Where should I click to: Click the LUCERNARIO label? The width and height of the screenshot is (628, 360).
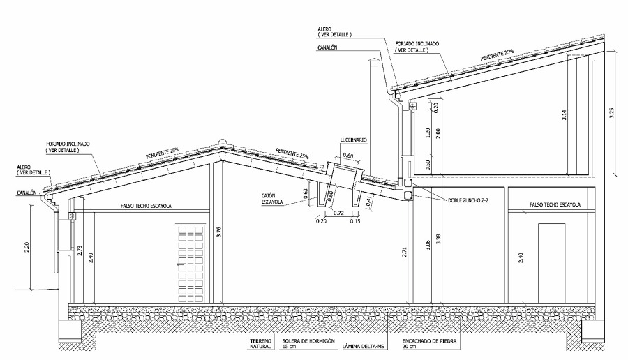click(x=354, y=140)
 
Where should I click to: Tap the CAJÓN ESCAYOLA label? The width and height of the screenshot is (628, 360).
click(x=272, y=199)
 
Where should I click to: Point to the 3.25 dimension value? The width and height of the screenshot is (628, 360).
click(x=612, y=114)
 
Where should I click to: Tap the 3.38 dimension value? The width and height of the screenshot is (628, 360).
click(x=438, y=241)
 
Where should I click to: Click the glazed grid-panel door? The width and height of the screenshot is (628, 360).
click(x=189, y=263)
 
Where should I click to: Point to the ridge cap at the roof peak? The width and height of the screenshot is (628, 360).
click(x=222, y=141)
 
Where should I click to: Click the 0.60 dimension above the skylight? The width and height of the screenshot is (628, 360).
click(x=348, y=155)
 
